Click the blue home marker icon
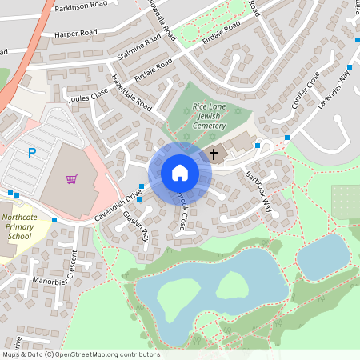point(179,172)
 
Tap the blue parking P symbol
point(32,152)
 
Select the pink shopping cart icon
point(72,178)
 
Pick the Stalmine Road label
point(139,47)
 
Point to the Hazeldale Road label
point(132,94)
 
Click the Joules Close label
point(88,98)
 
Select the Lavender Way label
point(334,87)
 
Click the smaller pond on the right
point(323,256)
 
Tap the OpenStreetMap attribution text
point(80,354)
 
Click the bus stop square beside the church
point(257,146)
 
